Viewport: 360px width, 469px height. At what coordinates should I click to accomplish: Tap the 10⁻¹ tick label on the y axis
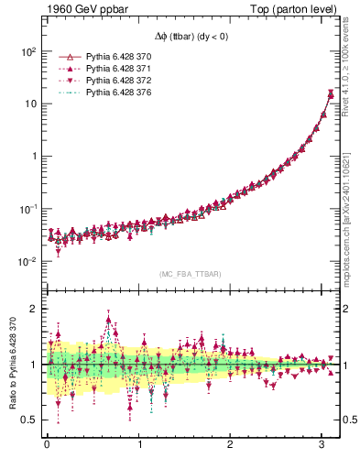pyautogui.click(x=27, y=210)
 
